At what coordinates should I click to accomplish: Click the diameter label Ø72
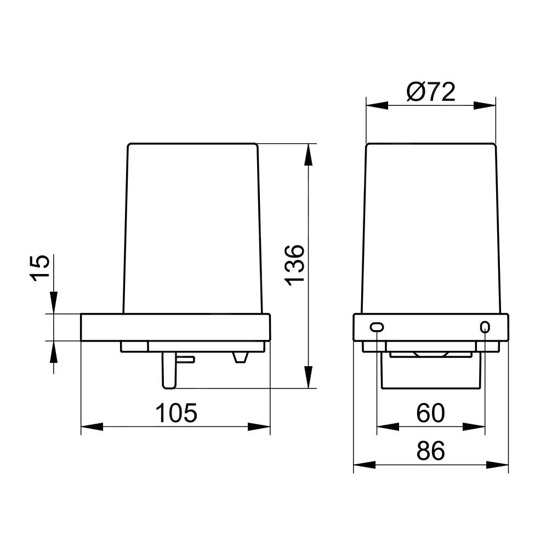(431, 92)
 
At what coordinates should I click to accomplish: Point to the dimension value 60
(430, 413)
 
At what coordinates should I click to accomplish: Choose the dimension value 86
(430, 451)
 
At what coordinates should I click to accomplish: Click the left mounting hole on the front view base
(377, 327)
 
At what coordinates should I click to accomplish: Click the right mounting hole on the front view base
(484, 327)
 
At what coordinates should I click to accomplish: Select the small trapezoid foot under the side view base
(240, 357)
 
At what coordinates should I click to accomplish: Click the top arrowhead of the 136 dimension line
(309, 156)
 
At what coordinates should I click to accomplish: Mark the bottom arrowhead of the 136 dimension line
(309, 377)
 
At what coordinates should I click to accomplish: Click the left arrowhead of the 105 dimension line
(92, 426)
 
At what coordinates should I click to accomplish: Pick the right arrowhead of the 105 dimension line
(259, 426)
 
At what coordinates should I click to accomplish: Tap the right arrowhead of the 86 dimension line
(499, 465)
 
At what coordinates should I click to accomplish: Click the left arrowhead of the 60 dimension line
(387, 426)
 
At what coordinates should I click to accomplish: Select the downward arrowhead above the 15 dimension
(54, 302)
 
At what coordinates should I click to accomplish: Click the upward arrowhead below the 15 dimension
(54, 352)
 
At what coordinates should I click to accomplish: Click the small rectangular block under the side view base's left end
(134, 346)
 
